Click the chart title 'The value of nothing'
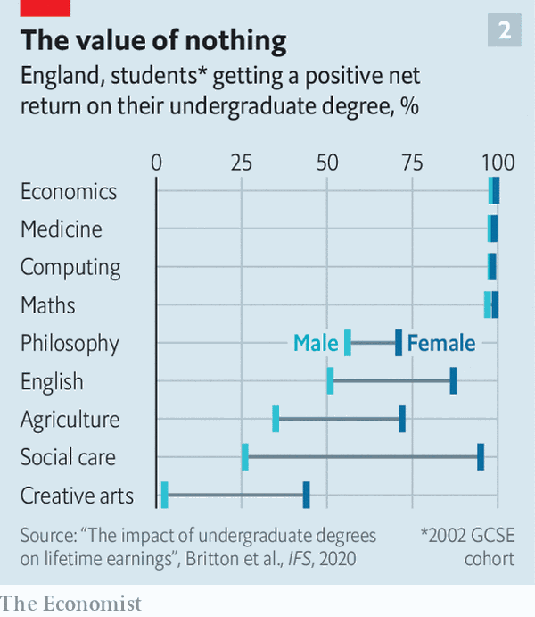pyautogui.click(x=153, y=40)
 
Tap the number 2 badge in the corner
pyautogui.click(x=504, y=31)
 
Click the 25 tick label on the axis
pyautogui.click(x=241, y=163)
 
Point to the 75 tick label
pyautogui.click(x=412, y=163)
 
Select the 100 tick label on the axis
pyautogui.click(x=498, y=163)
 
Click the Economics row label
pyautogui.click(x=69, y=191)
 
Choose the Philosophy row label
pyautogui.click(x=70, y=343)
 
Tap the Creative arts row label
pyautogui.click(x=77, y=496)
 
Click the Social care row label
pyautogui.click(x=68, y=457)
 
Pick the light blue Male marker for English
pyautogui.click(x=330, y=380)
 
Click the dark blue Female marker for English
pyautogui.click(x=453, y=380)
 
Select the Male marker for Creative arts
pyautogui.click(x=164, y=495)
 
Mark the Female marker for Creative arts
pyautogui.click(x=306, y=495)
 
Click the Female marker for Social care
pyautogui.click(x=481, y=456)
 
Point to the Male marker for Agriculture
pyautogui.click(x=276, y=419)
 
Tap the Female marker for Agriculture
pyautogui.click(x=402, y=419)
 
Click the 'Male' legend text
pyautogui.click(x=316, y=343)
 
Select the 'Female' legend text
pyautogui.click(x=441, y=343)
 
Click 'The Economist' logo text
pyautogui.click(x=71, y=604)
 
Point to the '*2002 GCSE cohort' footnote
pyautogui.click(x=468, y=546)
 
